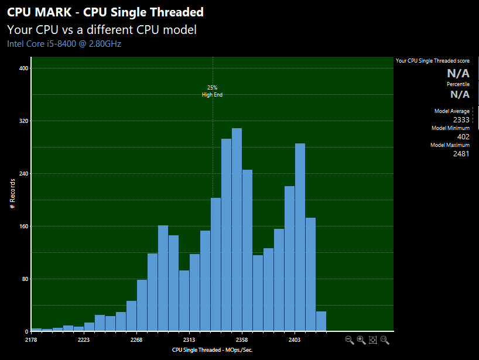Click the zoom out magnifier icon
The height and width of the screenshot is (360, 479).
click(350, 340)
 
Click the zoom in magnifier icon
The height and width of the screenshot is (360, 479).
click(361, 340)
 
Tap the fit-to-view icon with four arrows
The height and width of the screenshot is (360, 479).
click(372, 340)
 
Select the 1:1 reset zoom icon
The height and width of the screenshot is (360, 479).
click(385, 340)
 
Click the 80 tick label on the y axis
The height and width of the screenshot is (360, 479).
click(23, 279)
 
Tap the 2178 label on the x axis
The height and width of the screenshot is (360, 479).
click(32, 340)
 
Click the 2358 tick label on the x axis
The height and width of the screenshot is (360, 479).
click(242, 340)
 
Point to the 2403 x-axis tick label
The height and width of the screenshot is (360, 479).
click(295, 340)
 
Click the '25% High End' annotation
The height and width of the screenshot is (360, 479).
click(212, 91)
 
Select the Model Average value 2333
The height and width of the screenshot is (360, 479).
click(461, 120)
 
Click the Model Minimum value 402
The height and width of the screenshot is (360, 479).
click(463, 136)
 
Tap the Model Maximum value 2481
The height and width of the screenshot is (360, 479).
click(461, 153)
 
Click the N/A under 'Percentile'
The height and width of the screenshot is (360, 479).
click(459, 94)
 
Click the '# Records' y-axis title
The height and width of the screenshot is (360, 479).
click(12, 194)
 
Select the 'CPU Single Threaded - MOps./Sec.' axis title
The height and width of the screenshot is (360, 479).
click(212, 349)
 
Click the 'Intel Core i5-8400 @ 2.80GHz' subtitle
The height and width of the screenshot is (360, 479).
click(64, 43)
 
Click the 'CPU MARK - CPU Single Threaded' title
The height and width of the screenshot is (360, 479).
click(105, 12)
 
